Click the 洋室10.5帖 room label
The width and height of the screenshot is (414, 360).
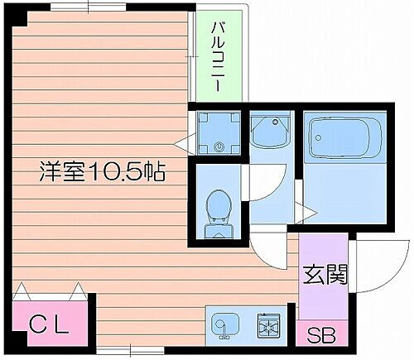[102, 172]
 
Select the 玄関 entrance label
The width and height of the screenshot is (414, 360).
[324, 272]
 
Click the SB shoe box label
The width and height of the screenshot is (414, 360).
[323, 335]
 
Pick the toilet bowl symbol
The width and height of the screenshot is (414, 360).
[219, 202]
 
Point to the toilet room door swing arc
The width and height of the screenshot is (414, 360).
[258, 182]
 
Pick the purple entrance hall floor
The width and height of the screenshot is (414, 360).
[323, 281]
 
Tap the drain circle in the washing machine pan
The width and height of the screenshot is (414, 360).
[219, 147]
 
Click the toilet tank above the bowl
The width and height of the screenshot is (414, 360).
[219, 223]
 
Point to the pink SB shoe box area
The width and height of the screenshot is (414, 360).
[323, 335]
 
